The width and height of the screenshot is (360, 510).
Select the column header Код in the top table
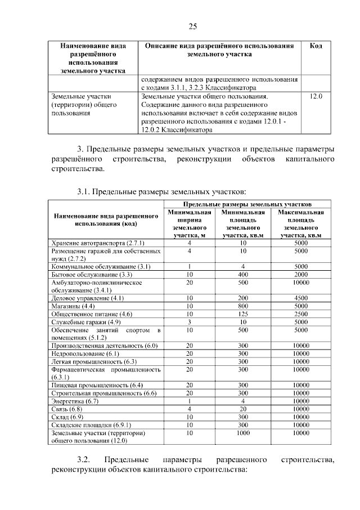pyautogui.click(x=316, y=46)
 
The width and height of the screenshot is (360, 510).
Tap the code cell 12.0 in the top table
pyautogui.click(x=316, y=97)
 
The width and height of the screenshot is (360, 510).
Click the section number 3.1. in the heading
pyautogui.click(x=86, y=193)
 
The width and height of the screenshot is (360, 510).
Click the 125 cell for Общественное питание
pyautogui.click(x=243, y=314)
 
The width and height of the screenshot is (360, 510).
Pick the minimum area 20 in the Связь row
pyautogui.click(x=243, y=409)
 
